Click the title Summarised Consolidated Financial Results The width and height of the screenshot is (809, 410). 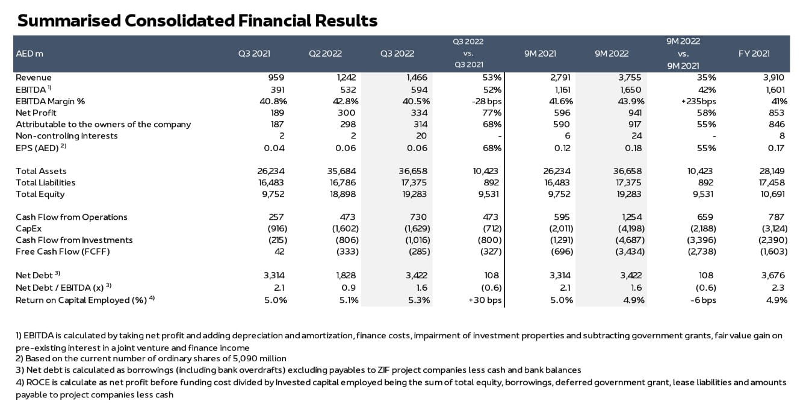point(197,20)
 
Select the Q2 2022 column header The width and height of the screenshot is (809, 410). point(325,54)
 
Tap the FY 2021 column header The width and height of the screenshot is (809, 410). point(754,54)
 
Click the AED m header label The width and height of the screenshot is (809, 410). point(29,54)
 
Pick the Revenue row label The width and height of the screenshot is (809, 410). point(34,77)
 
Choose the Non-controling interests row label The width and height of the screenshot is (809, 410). point(67,135)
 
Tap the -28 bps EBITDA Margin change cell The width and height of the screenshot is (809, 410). point(486,101)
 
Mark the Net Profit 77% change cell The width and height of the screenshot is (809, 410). point(492,113)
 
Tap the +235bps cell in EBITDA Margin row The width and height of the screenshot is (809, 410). point(698,101)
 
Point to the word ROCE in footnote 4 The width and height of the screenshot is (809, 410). point(37,382)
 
